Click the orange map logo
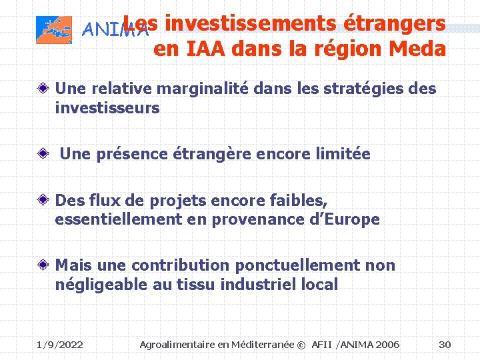[53, 30]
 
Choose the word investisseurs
[107, 107]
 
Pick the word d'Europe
[339, 219]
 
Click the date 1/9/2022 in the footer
[59, 344]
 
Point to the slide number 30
[445, 344]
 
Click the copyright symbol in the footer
[301, 345]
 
